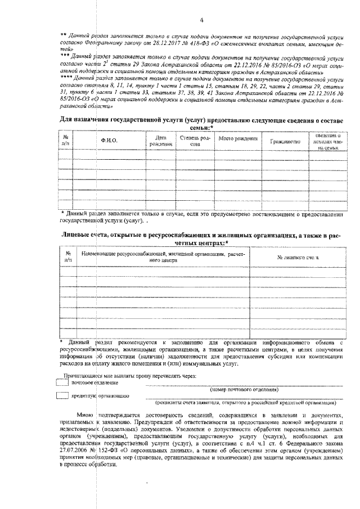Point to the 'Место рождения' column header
point(238,138)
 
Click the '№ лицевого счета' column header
point(298,257)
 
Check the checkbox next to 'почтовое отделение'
point(62,382)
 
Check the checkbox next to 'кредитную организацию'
point(62,396)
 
